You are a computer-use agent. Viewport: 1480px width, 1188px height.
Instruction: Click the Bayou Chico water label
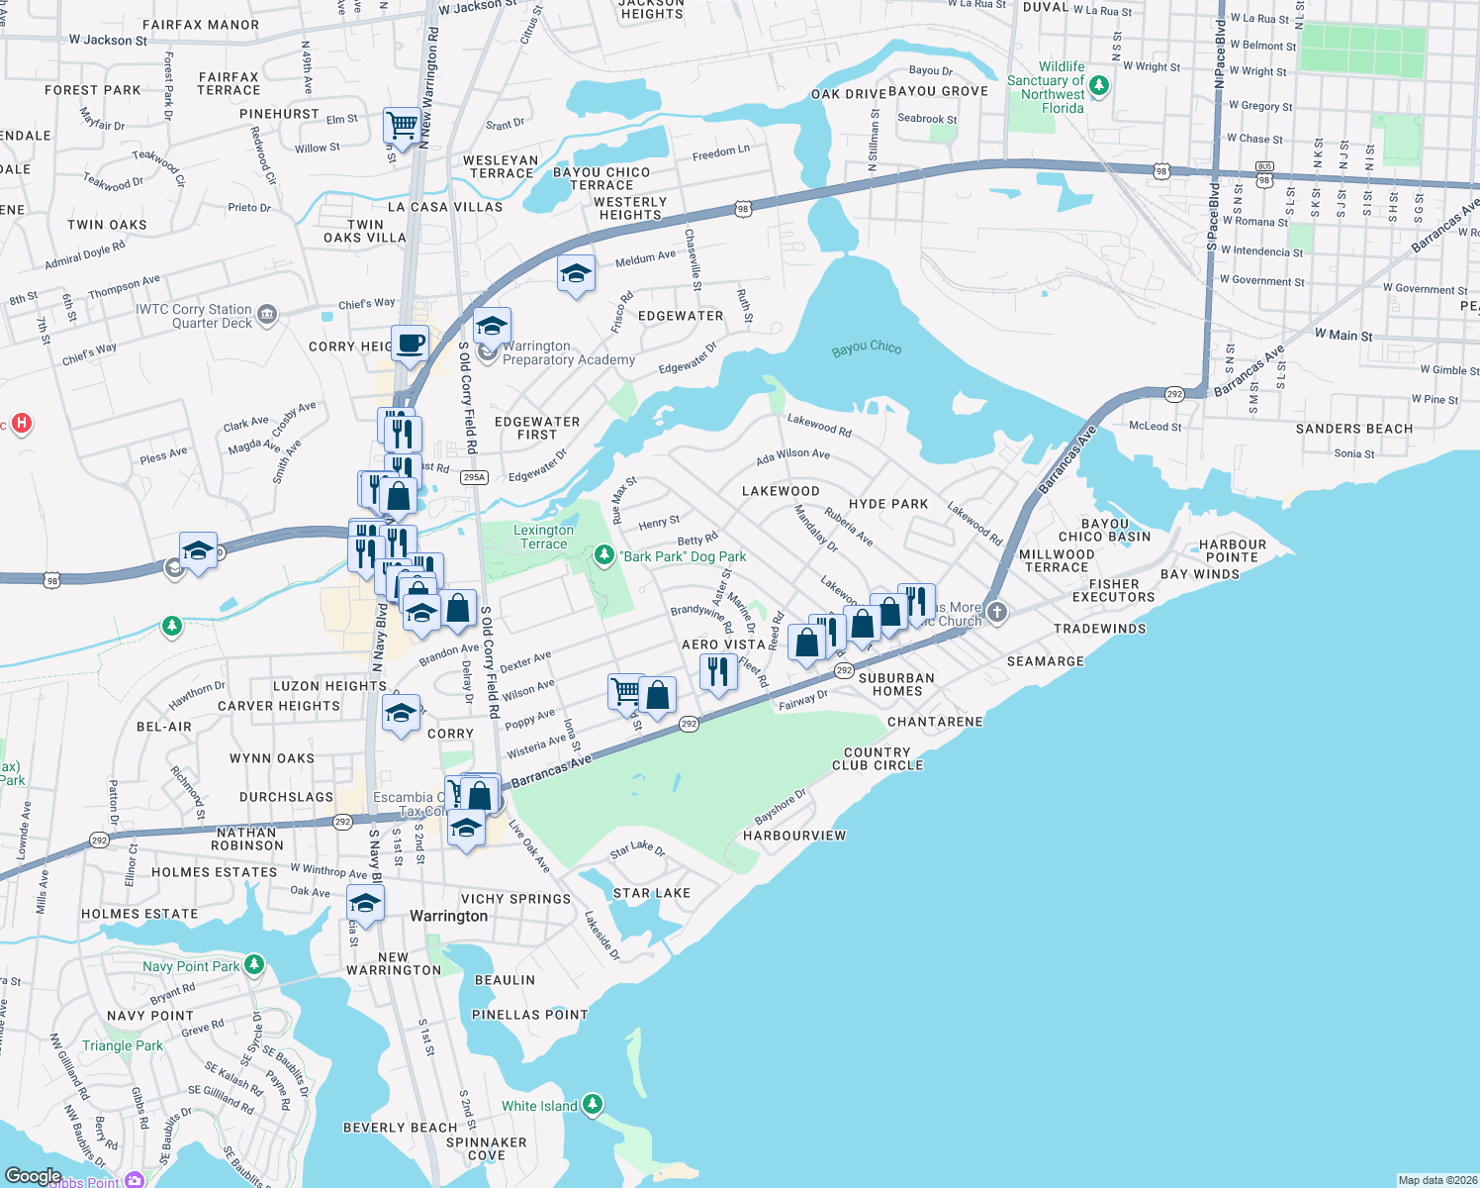point(867,348)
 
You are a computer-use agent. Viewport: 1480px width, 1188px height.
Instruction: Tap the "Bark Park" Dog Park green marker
point(604,555)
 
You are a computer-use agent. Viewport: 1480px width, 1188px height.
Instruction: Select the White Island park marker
point(593,1104)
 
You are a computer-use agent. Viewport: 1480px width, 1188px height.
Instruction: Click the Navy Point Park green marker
point(254,964)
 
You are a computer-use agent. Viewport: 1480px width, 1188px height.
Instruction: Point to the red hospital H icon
point(21,424)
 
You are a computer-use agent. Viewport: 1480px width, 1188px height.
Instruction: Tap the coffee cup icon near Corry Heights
point(411,345)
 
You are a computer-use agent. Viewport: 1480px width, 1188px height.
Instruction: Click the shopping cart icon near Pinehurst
point(402,126)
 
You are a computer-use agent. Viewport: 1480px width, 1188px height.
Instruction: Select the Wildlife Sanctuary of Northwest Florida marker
point(1098,86)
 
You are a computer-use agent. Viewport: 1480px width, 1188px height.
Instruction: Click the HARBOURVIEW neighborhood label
point(794,836)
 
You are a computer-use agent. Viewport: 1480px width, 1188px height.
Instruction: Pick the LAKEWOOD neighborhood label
point(781,491)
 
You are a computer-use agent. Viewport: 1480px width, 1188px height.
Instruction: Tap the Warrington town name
point(448,917)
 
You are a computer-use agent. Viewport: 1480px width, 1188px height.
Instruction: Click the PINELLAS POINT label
point(529,1015)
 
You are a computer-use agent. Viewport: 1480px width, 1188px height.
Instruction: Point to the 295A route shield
point(475,477)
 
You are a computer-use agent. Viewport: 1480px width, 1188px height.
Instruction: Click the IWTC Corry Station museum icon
point(267,316)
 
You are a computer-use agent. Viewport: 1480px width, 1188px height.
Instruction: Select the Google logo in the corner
point(33,1175)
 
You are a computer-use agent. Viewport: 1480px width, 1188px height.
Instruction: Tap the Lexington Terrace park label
point(543,537)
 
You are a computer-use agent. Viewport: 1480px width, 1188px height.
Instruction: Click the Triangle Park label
point(123,1045)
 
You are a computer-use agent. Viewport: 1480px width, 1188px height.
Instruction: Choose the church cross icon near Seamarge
point(997,612)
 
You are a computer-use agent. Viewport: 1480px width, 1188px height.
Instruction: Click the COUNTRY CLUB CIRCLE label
point(878,758)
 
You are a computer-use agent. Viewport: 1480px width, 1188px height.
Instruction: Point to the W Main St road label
point(1342,336)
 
